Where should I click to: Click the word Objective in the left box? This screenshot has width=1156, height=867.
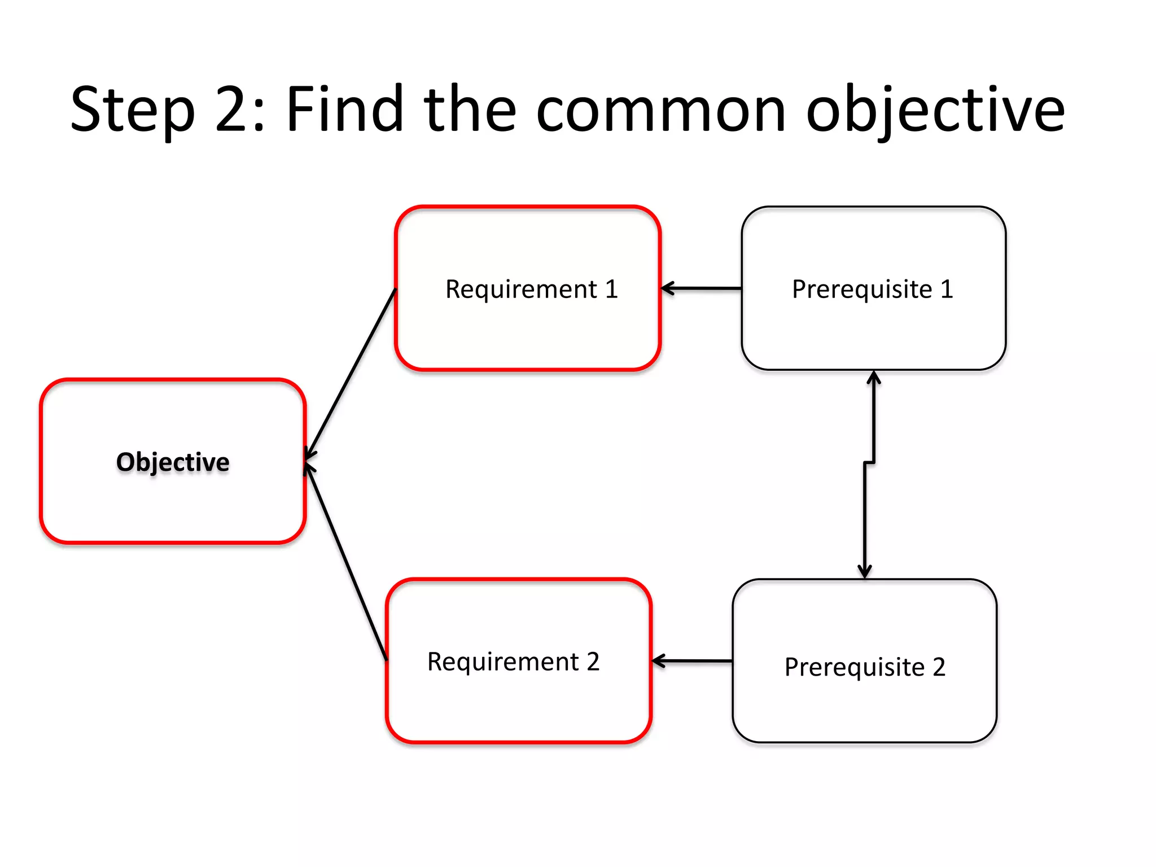[173, 462]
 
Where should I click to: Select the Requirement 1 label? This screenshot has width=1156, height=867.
[531, 289]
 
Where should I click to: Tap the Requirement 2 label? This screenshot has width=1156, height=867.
[513, 662]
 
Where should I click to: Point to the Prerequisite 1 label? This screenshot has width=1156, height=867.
[873, 289]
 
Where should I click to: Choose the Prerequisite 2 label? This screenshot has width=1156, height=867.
[864, 667]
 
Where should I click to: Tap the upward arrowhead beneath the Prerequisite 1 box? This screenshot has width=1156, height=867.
[874, 377]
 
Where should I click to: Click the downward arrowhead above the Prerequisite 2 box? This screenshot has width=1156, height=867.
[865, 571]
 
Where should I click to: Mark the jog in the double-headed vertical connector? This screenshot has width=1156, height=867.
[869, 463]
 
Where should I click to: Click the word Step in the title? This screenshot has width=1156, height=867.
[133, 110]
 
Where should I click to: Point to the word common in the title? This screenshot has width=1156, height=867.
[660, 110]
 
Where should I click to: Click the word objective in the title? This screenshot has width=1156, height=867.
[935, 110]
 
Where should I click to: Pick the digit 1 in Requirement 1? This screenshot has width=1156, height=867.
[611, 289]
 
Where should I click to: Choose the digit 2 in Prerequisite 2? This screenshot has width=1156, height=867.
[939, 667]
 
